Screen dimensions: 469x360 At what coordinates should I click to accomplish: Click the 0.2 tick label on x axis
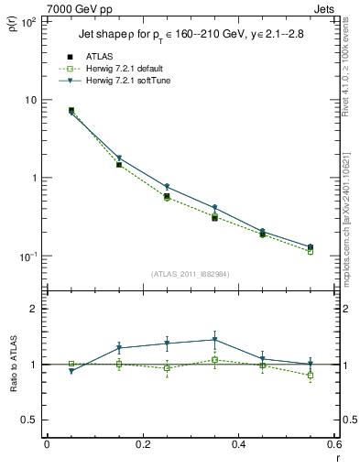coord(142,444)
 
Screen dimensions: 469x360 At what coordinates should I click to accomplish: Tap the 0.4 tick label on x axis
coord(238,444)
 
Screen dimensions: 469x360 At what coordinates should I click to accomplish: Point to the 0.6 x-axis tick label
coord(333,444)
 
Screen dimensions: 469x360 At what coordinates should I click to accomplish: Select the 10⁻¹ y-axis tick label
coord(27,256)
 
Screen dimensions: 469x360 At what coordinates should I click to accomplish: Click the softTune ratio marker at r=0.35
coord(214,340)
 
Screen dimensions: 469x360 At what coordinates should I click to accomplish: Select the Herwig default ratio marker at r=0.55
coord(311,376)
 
